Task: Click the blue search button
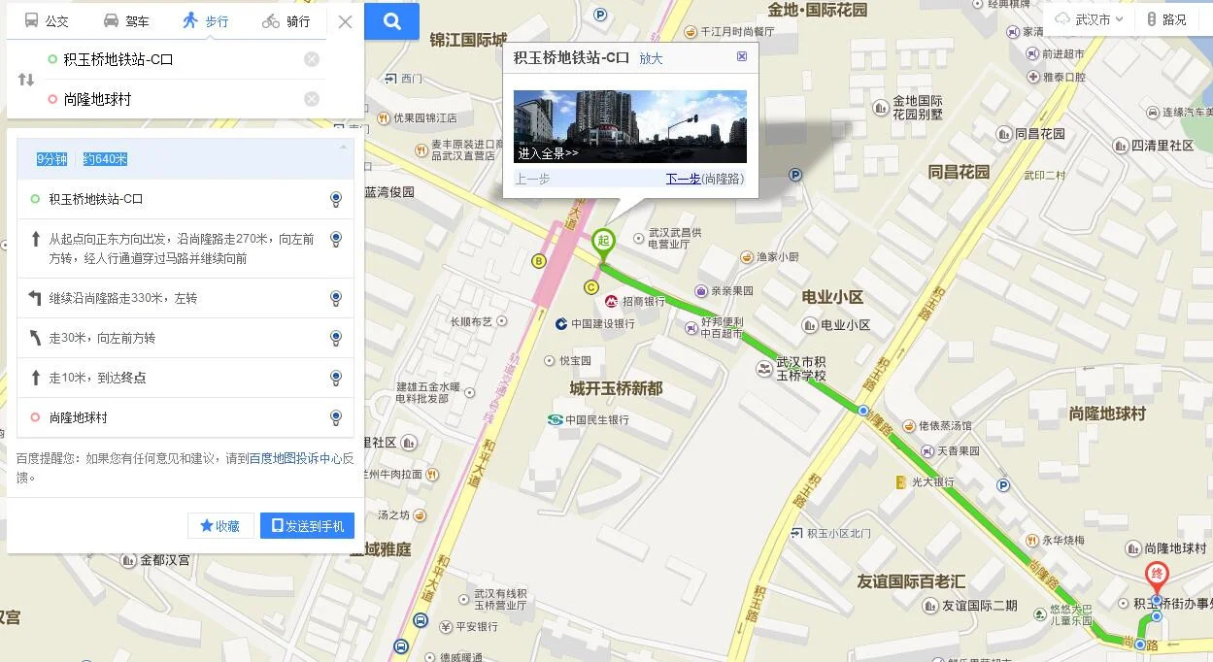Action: [x=391, y=21]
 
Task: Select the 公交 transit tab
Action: [x=47, y=20]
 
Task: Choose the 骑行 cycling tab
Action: [x=286, y=20]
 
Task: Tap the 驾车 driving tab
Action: [x=126, y=20]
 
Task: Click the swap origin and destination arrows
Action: [x=26, y=79]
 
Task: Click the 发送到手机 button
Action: [x=307, y=525]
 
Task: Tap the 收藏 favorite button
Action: [x=220, y=525]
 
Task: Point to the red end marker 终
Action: [x=1156, y=574]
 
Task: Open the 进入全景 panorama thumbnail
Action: [x=629, y=126]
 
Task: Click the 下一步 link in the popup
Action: [x=683, y=179]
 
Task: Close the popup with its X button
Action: [x=742, y=56]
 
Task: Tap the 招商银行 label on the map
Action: [x=643, y=302]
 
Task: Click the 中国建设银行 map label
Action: [x=601, y=323]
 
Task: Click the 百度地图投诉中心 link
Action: [x=295, y=458]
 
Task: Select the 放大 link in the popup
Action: [x=651, y=58]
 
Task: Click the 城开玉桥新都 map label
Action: [x=616, y=388]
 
